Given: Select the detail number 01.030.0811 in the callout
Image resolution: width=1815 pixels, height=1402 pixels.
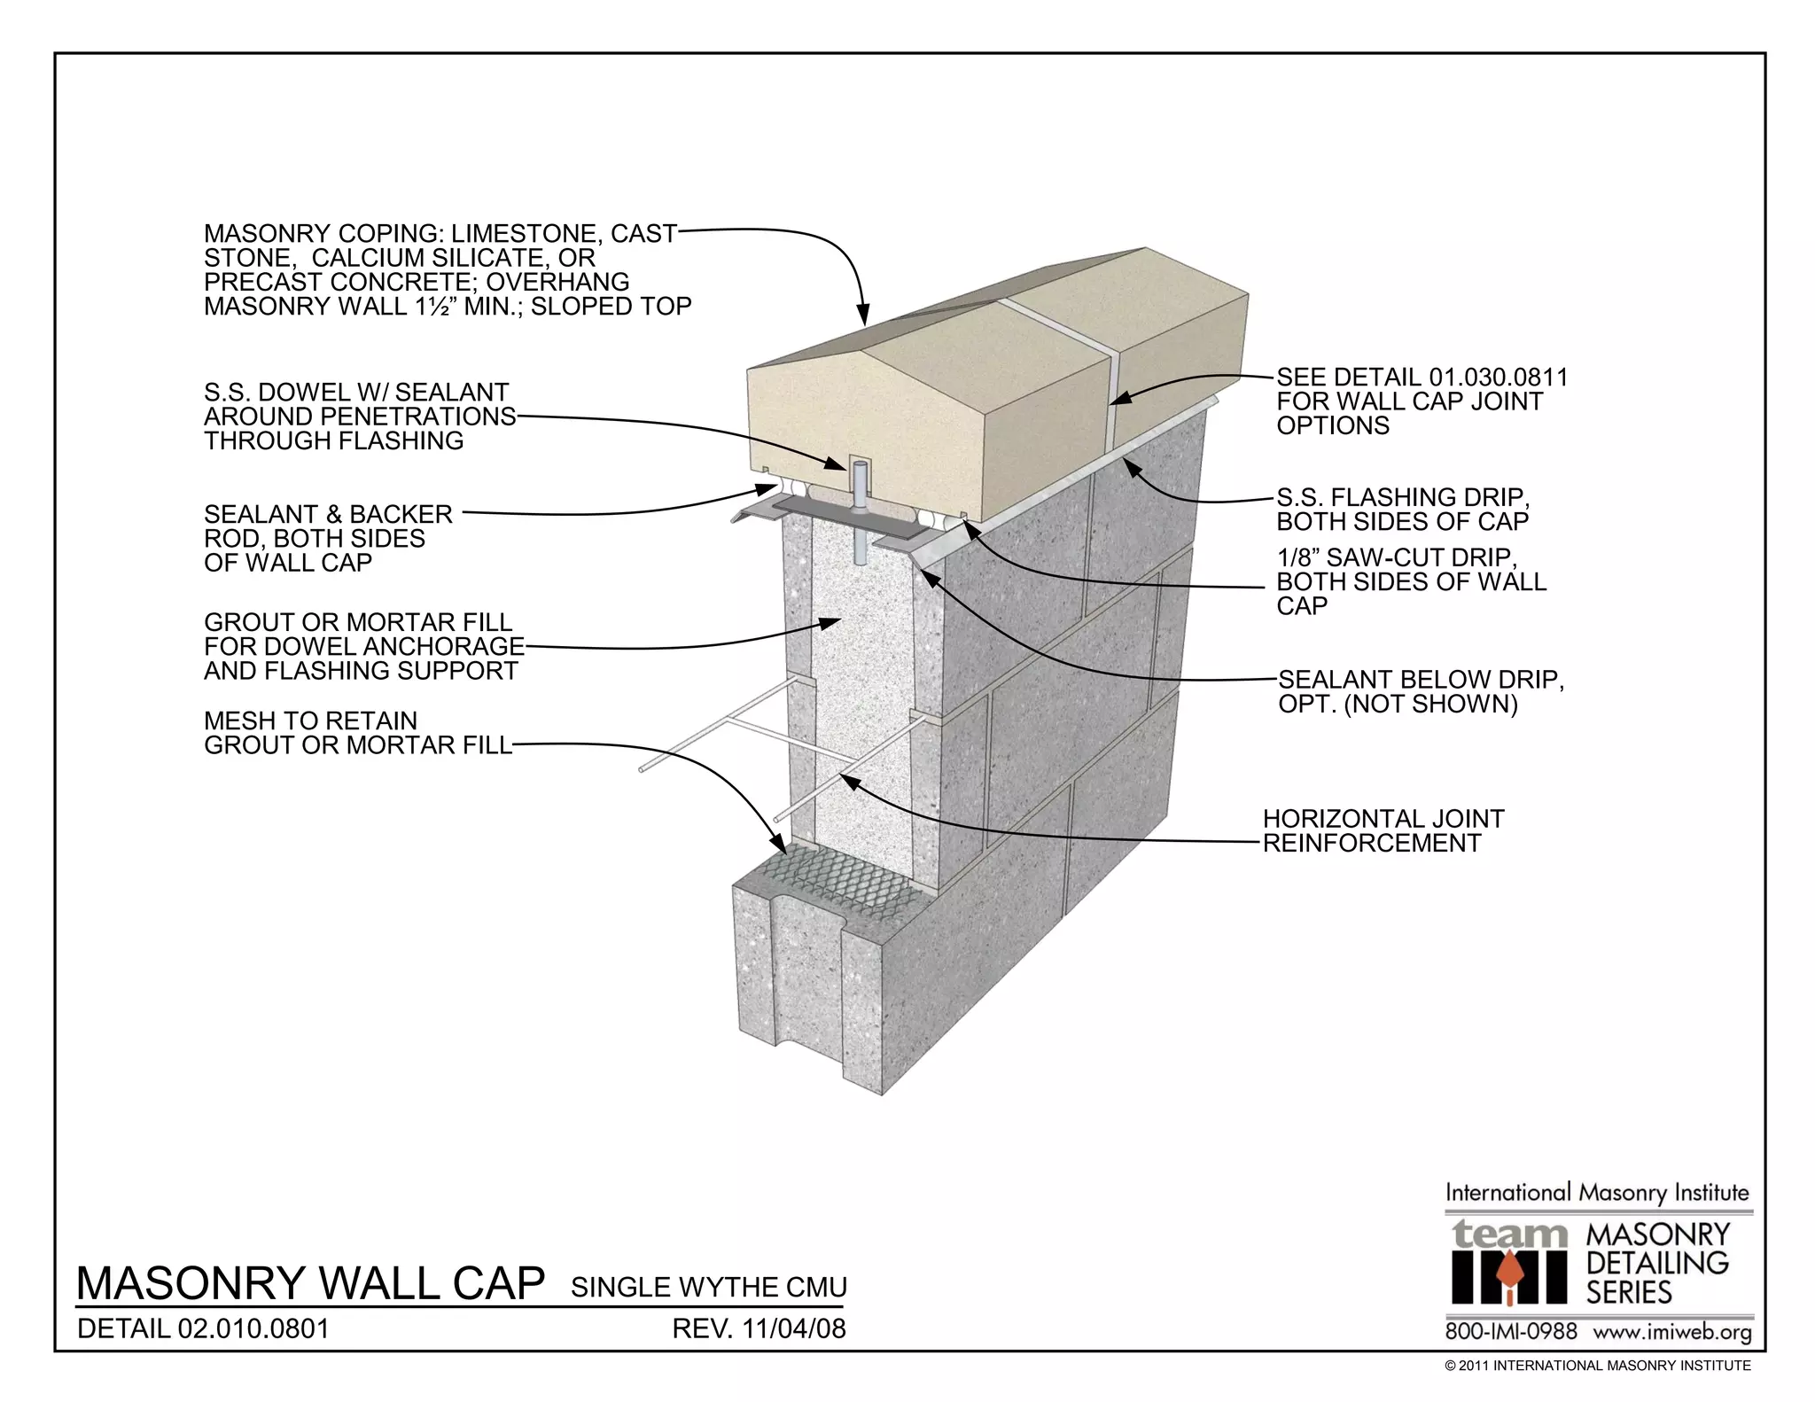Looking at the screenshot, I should pyautogui.click(x=1499, y=378).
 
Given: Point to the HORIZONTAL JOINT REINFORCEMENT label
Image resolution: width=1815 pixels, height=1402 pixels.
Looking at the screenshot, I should pyautogui.click(x=1383, y=831).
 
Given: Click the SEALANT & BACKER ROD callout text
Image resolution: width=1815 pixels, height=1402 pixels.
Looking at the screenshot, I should pyautogui.click(x=328, y=538).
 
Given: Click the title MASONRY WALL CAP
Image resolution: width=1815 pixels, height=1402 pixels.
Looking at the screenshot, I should pyautogui.click(x=310, y=1284).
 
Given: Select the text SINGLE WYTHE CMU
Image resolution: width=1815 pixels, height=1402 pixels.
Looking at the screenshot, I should pyautogui.click(x=708, y=1288).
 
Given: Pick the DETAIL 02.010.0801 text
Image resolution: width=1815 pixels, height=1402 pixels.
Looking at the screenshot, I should pyautogui.click(x=204, y=1329).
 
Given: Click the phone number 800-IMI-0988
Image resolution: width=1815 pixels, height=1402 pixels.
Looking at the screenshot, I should pyautogui.click(x=1511, y=1332).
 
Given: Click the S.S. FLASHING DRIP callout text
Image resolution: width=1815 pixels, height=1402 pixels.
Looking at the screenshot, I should pyautogui.click(x=1403, y=510).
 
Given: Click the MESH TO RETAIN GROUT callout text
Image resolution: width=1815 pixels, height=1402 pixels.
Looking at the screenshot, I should pyautogui.click(x=358, y=733).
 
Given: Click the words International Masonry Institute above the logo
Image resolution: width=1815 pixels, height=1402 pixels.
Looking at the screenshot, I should pyautogui.click(x=1597, y=1193).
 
